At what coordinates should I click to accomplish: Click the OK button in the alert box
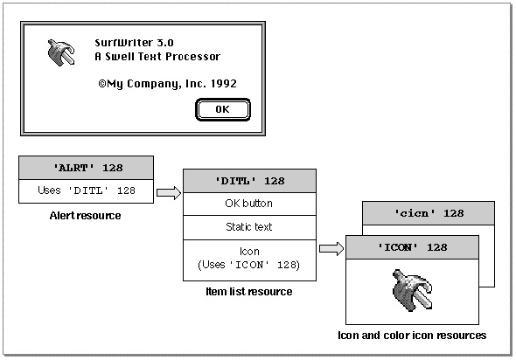[223, 109]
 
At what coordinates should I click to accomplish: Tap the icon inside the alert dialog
[61, 52]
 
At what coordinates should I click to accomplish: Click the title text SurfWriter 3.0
[135, 43]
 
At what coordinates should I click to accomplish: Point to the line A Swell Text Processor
[157, 57]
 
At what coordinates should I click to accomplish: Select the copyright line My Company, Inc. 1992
[168, 84]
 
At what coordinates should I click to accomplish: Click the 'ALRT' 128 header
[87, 168]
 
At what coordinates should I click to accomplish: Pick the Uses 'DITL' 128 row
[87, 190]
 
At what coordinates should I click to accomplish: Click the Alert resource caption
[85, 216]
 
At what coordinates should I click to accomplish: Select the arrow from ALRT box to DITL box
[169, 193]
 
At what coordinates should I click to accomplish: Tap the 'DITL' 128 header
[249, 181]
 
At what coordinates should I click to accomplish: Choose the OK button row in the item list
[249, 204]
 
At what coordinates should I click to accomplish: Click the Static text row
[249, 227]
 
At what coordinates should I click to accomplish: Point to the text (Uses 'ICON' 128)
[248, 265]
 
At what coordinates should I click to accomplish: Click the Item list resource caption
[249, 292]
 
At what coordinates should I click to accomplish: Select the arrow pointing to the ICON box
[331, 248]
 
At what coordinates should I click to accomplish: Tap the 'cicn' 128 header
[429, 213]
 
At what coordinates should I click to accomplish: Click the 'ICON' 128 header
[412, 247]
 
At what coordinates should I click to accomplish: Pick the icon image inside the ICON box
[413, 290]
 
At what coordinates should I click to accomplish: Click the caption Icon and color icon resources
[412, 336]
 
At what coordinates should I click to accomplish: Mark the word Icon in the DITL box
[249, 252]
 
